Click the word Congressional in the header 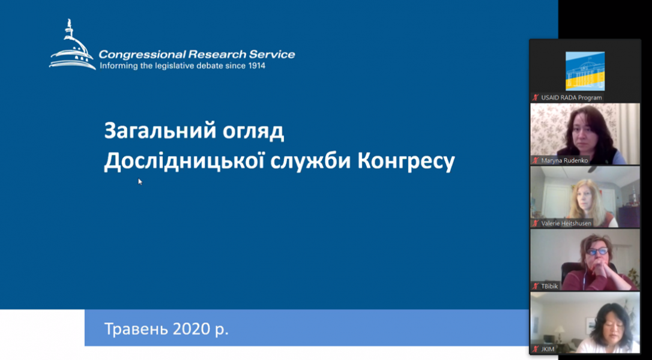(x=142, y=55)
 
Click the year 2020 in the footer (x=192, y=329)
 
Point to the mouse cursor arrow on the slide (x=140, y=181)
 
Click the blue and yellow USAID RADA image (x=585, y=71)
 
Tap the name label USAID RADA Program (x=572, y=98)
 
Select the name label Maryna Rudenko (x=565, y=160)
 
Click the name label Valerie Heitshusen (x=566, y=223)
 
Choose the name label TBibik (x=550, y=286)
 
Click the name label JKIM (x=548, y=349)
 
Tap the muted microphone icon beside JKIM (x=536, y=349)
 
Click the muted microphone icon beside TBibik (x=536, y=286)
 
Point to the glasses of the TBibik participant (x=597, y=251)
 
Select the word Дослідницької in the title (x=185, y=162)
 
